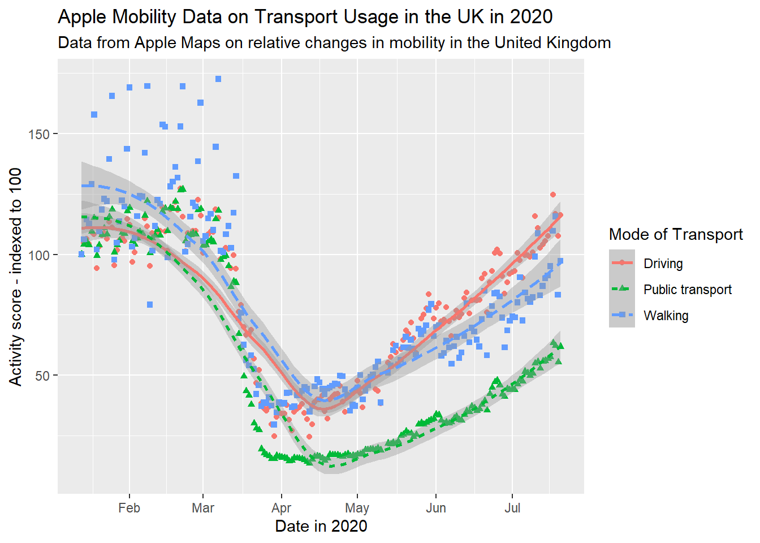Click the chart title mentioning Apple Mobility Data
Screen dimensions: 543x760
coord(305,17)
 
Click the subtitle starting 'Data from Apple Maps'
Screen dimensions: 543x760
coord(334,43)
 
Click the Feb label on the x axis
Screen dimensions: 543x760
coord(129,508)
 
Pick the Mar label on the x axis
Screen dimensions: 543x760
coord(203,508)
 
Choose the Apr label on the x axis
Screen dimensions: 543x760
coord(281,508)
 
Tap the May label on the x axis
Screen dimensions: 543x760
coord(357,508)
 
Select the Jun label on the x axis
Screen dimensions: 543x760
coord(436,508)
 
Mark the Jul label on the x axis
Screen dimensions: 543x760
coord(512,508)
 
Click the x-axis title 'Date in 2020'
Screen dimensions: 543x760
coord(321,527)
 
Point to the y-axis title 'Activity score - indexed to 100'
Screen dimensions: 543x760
coord(16,277)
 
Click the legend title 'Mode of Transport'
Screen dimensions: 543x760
coord(676,235)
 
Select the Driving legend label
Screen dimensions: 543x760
coord(663,264)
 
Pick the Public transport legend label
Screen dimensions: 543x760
coord(687,290)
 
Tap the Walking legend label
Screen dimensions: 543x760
coord(666,316)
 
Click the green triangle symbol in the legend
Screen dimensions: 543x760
coord(622,289)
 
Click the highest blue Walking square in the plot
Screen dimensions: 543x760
coord(218,79)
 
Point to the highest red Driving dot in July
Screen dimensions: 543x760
coord(553,195)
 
